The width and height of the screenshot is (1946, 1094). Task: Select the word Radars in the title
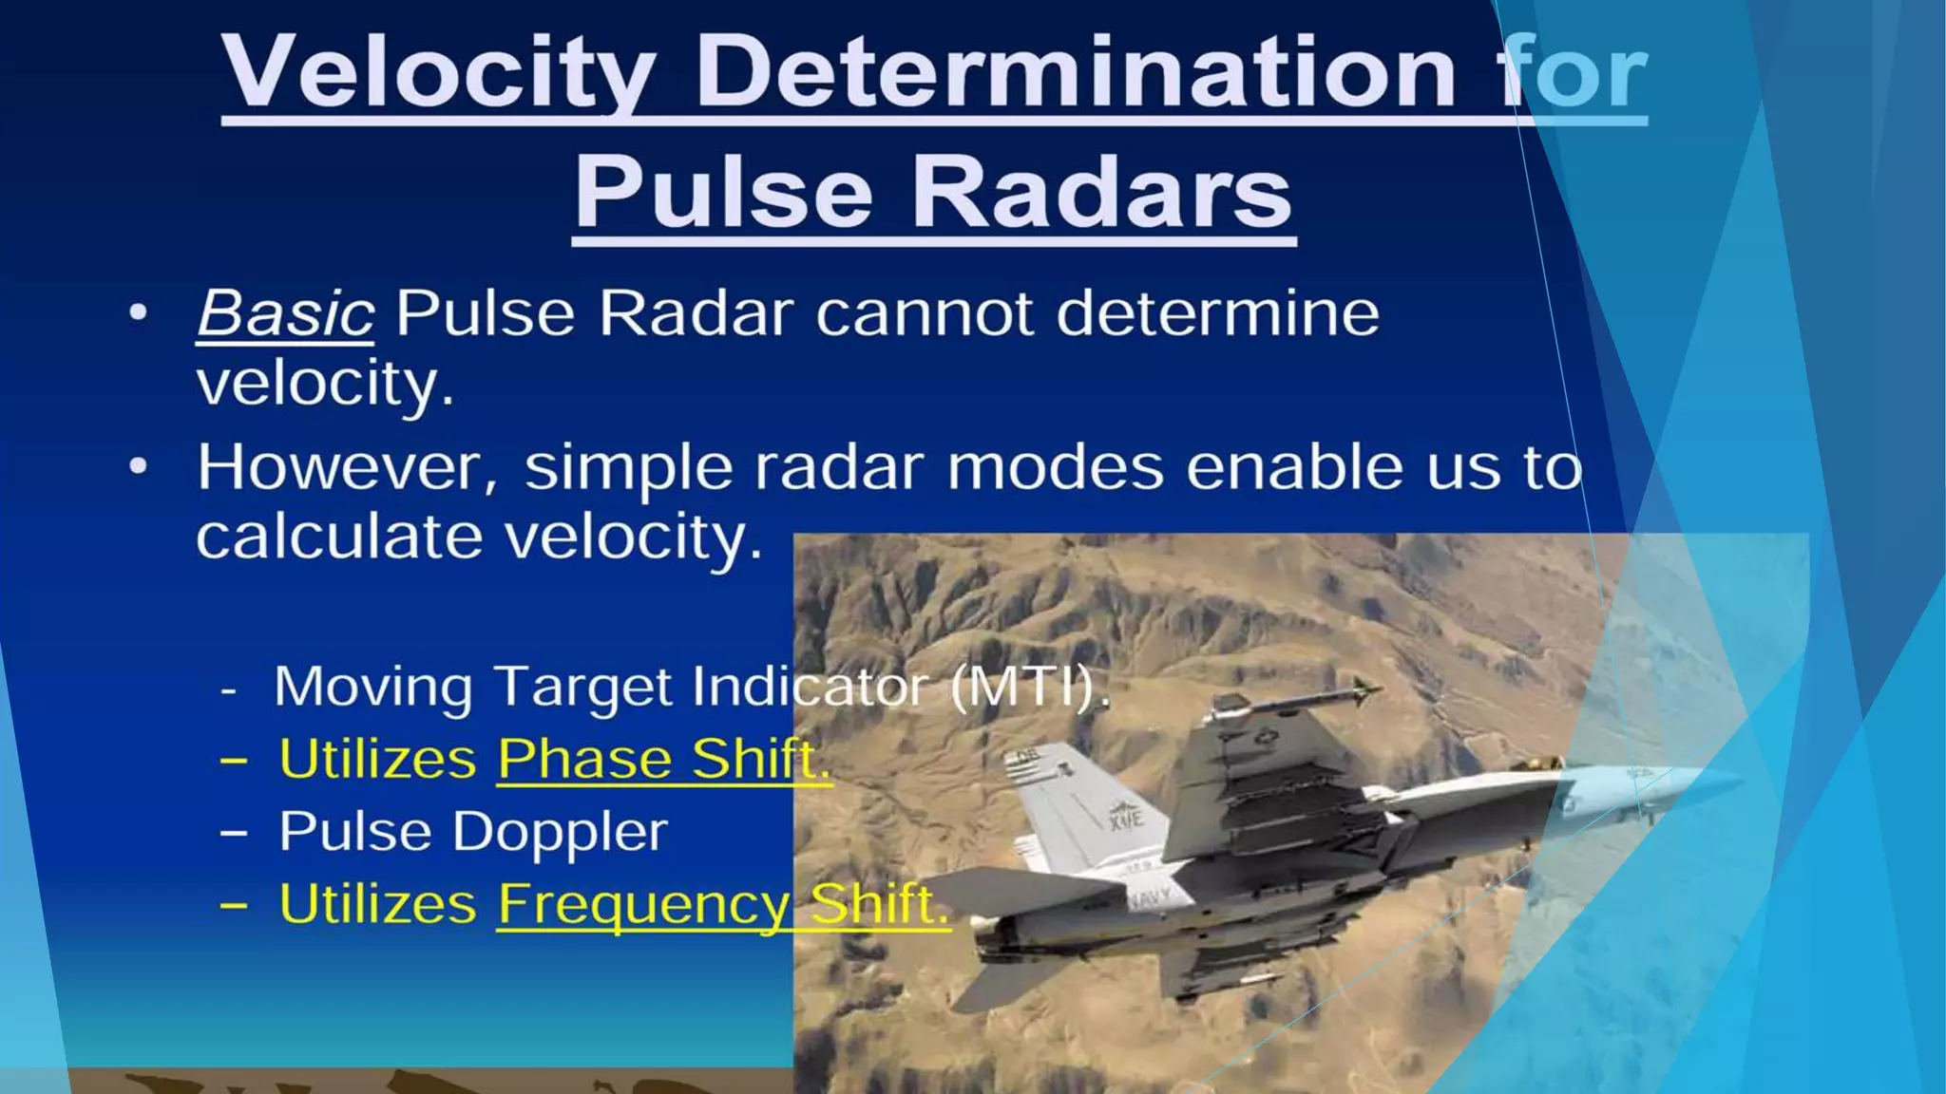pyautogui.click(x=1102, y=193)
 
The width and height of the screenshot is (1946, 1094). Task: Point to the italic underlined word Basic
pyautogui.click(x=285, y=313)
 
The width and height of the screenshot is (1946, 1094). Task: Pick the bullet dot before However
pyautogui.click(x=139, y=467)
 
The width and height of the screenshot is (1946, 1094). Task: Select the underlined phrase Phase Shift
pyautogui.click(x=663, y=760)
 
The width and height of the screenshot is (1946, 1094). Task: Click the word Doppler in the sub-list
pyautogui.click(x=560, y=833)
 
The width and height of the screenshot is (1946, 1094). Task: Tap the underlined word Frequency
pyautogui.click(x=642, y=905)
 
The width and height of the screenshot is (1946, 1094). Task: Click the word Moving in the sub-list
pyautogui.click(x=372, y=687)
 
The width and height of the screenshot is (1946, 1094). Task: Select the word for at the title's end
pyautogui.click(x=1573, y=74)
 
